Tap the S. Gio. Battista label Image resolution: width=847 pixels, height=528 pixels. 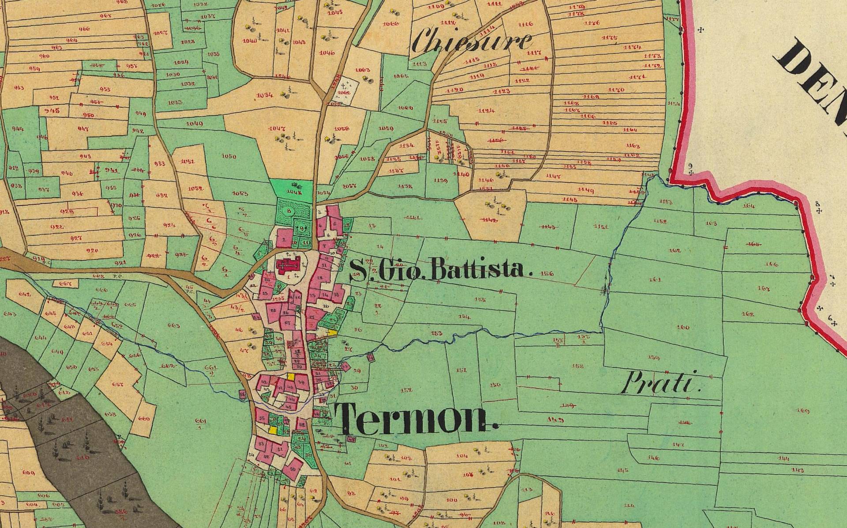[x=439, y=270]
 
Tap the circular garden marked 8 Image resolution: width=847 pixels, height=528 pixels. [x=289, y=211]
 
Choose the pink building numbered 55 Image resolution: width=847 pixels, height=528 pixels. [x=262, y=418]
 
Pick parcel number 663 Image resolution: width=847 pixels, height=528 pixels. [x=174, y=325]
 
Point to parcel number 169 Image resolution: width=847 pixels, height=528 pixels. [x=803, y=411]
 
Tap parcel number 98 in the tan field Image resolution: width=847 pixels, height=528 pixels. [x=351, y=494]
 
